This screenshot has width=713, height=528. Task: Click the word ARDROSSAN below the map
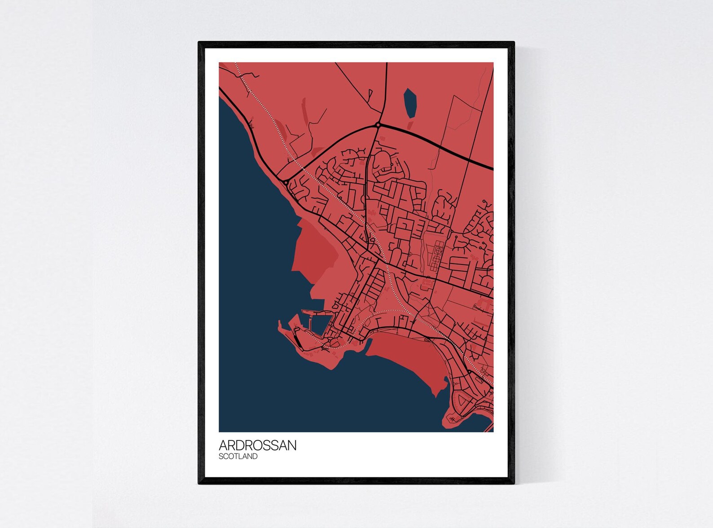tap(257, 445)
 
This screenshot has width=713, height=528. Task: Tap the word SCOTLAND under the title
tap(238, 457)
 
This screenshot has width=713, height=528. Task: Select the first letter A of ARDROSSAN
tap(223, 445)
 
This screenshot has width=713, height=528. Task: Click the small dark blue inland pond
tap(409, 103)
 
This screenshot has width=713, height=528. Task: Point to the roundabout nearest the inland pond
tap(378, 125)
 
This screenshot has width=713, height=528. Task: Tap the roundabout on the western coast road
tap(286, 183)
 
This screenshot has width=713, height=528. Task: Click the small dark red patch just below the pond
tap(410, 123)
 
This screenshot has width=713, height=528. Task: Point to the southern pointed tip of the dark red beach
tap(435, 395)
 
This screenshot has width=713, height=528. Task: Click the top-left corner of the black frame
tap(199, 43)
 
